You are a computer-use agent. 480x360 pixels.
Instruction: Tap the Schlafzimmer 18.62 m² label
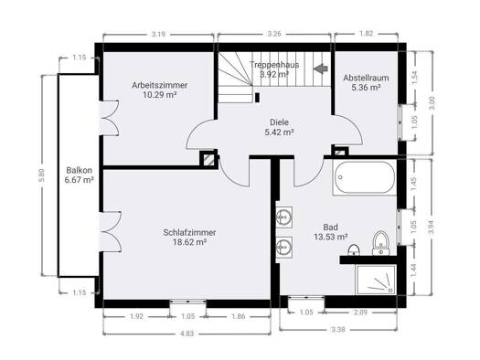[x=189, y=237]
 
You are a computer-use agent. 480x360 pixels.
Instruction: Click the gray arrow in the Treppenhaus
[x=321, y=69]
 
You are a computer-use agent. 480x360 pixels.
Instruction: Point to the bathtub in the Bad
[x=364, y=178]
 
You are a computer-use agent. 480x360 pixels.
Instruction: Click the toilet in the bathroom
[x=381, y=243]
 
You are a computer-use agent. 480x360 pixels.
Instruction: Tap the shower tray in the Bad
[x=376, y=280]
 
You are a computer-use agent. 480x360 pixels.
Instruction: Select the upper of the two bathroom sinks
[x=284, y=217]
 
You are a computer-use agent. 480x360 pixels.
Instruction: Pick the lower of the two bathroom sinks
[x=284, y=247]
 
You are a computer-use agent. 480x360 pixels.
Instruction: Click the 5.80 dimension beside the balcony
[x=42, y=175]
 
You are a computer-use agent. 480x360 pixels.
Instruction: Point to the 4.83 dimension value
[x=187, y=334]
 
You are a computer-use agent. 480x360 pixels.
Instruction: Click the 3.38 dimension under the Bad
[x=338, y=330]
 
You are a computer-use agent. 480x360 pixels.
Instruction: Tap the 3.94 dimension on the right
[x=432, y=227]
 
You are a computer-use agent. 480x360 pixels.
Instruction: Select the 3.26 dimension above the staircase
[x=274, y=34]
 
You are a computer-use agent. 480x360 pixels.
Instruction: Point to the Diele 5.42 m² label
[x=279, y=127]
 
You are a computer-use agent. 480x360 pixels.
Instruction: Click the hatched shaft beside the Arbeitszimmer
[x=209, y=159]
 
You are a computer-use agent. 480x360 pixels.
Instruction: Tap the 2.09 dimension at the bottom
[x=359, y=312]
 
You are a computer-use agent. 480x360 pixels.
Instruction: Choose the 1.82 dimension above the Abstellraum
[x=366, y=33]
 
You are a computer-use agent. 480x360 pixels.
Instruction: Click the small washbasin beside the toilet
[x=354, y=250]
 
